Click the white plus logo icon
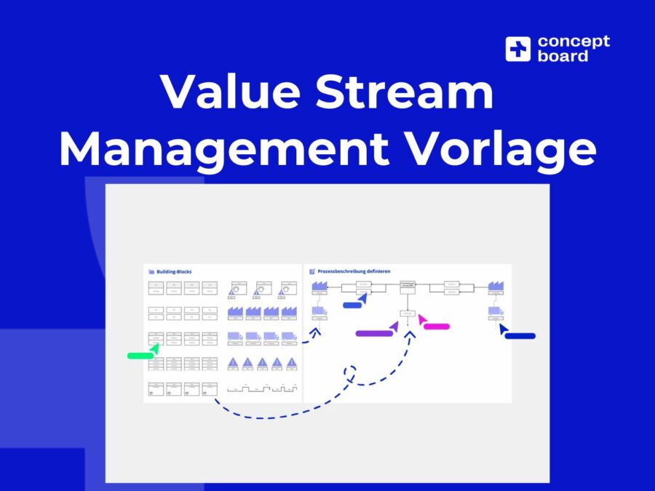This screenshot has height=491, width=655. (x=518, y=49)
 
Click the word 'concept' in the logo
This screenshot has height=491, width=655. (x=573, y=41)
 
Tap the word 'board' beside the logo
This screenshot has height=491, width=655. (x=563, y=56)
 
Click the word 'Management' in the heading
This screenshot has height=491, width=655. (x=223, y=148)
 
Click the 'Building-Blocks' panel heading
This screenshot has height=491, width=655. (x=174, y=272)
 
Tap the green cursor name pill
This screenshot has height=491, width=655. (x=140, y=356)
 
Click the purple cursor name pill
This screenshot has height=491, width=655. (x=374, y=333)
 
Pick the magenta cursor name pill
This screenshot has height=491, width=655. (x=437, y=327)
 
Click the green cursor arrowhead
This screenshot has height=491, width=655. (x=154, y=348)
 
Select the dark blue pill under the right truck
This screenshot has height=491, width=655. (x=520, y=336)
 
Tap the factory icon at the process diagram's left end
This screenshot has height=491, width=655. (x=319, y=288)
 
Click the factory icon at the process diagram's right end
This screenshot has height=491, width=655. (x=496, y=287)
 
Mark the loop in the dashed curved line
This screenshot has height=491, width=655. (x=350, y=375)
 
